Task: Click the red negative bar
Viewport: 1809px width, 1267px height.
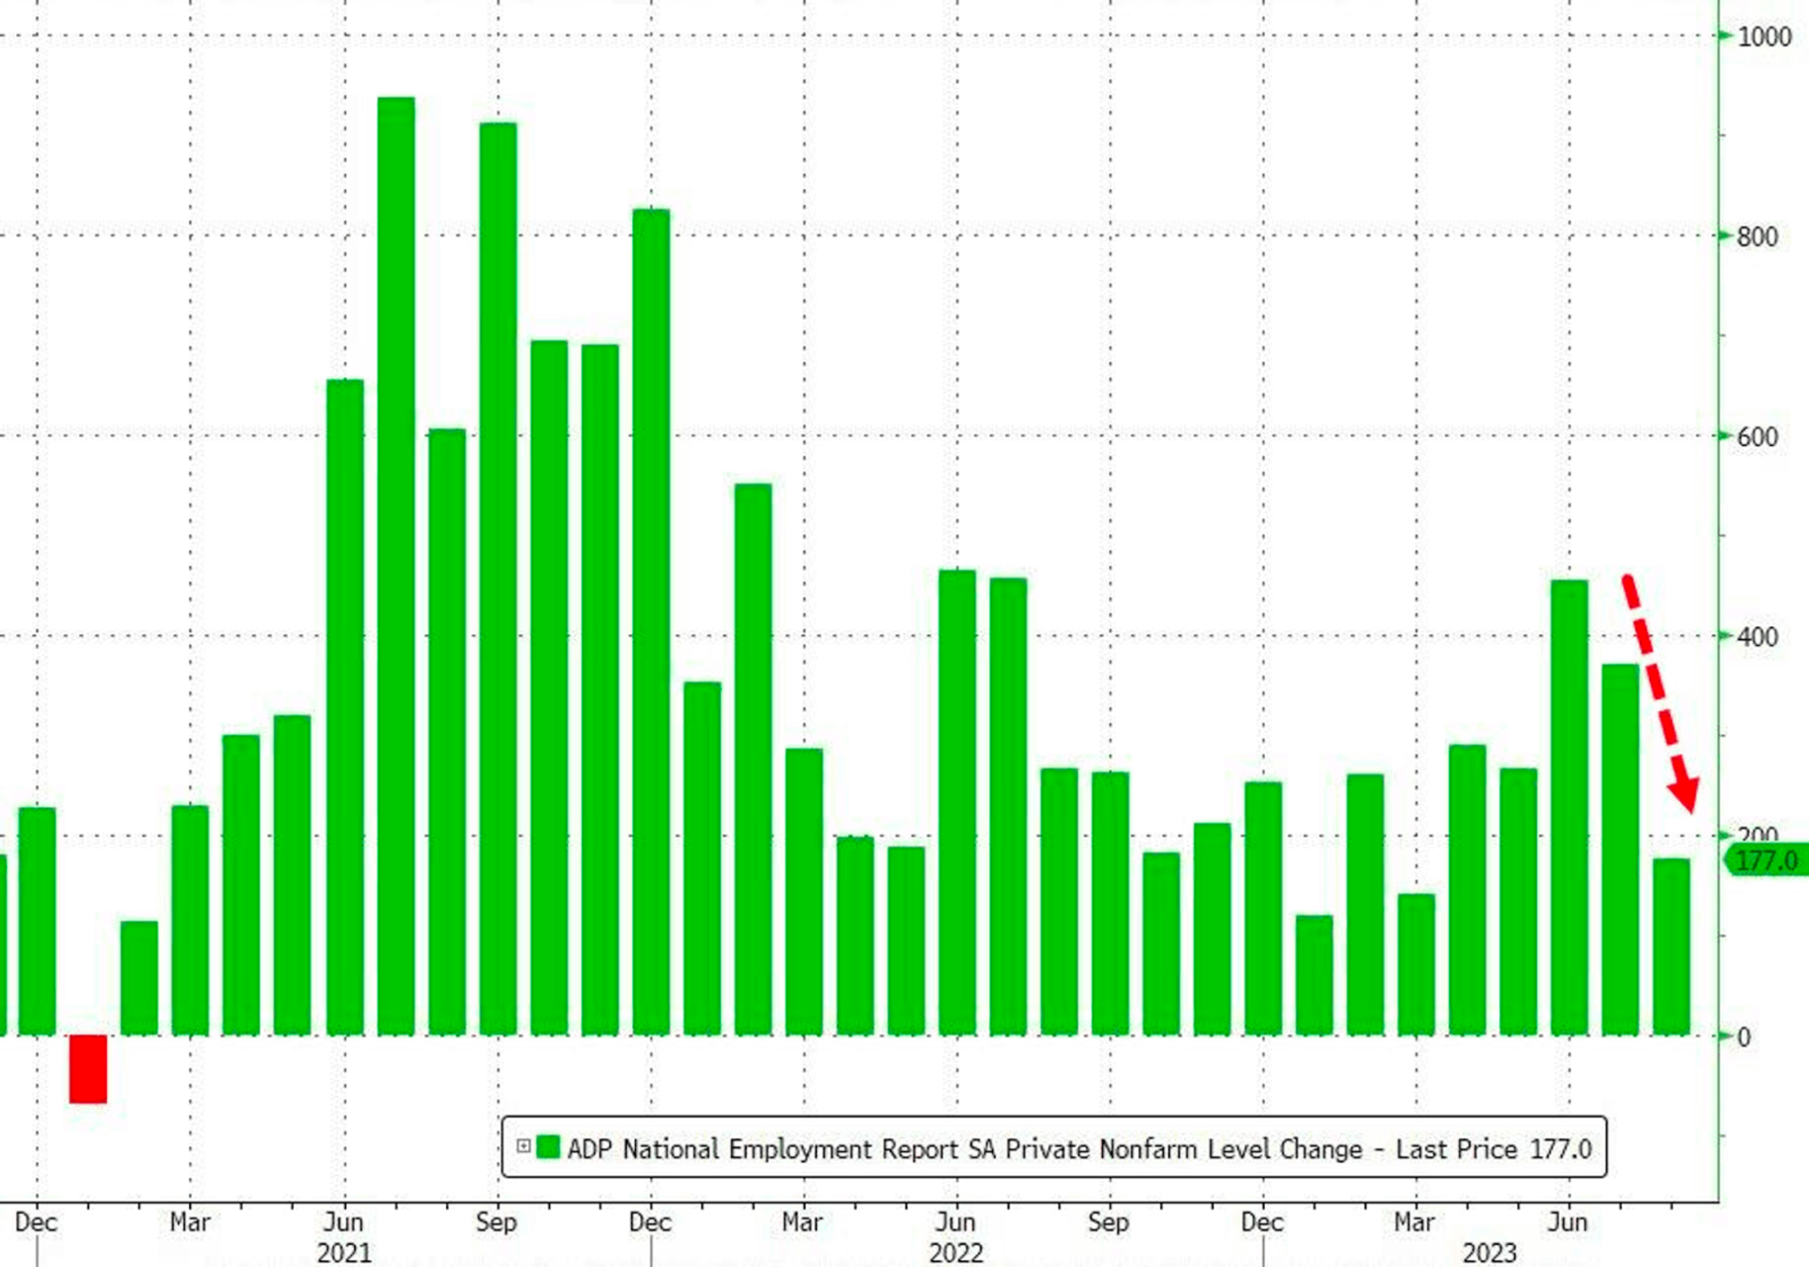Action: (88, 1068)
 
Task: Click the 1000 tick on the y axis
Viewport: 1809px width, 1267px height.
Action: (1764, 37)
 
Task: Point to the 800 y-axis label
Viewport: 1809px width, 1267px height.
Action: (1757, 238)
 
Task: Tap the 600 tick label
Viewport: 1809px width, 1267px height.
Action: (1757, 438)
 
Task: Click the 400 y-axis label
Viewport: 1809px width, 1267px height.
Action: (1757, 638)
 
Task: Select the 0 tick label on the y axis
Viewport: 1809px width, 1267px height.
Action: (1744, 1038)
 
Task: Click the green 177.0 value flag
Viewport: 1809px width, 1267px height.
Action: (1766, 861)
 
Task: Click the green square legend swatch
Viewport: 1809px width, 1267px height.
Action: (548, 1147)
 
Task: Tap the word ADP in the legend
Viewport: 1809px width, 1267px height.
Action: (589, 1149)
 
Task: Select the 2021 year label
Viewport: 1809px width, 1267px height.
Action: (344, 1252)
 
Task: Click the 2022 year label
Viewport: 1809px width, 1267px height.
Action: (956, 1252)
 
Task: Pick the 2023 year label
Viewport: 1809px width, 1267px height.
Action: (1489, 1252)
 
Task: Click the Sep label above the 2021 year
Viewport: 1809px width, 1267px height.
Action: (496, 1222)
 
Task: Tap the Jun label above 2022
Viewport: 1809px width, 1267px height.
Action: (956, 1222)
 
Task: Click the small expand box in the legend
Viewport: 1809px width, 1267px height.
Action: (524, 1146)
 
